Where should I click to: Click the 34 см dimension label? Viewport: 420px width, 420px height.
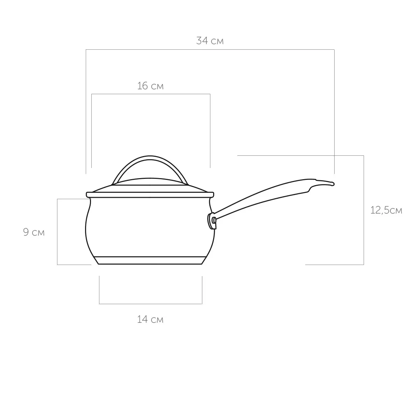click(210, 41)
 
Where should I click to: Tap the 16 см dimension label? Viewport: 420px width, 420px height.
click(150, 86)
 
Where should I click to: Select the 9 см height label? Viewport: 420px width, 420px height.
click(34, 232)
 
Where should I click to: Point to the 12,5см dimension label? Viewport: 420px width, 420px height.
click(386, 210)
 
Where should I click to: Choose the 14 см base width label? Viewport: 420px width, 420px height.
click(150, 319)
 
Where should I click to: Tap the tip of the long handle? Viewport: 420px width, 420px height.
click(334, 184)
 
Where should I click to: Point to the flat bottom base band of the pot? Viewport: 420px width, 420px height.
click(150, 260)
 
